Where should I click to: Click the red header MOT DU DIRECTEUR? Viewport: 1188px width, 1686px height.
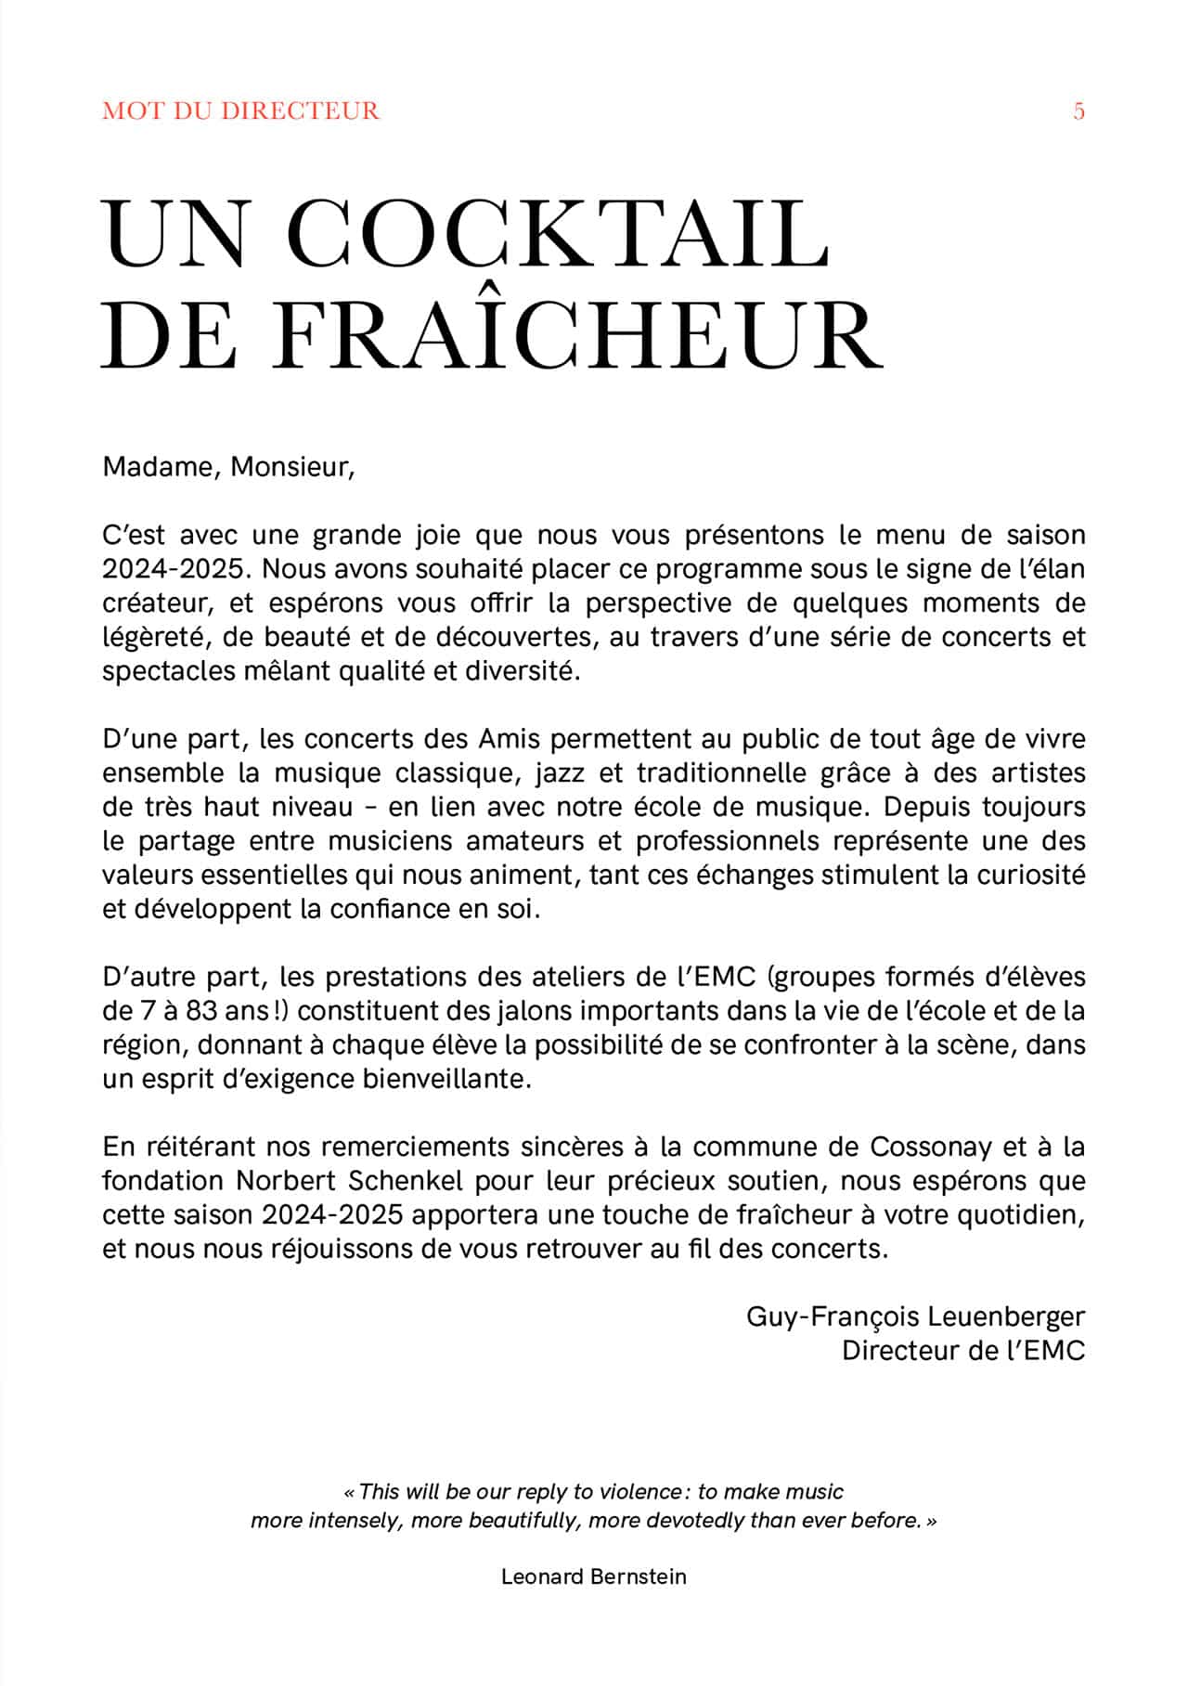coord(240,111)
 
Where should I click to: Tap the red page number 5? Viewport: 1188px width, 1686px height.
coord(1078,111)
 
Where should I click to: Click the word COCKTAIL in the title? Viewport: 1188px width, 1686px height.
coord(557,232)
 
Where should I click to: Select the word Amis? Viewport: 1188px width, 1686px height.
coord(510,740)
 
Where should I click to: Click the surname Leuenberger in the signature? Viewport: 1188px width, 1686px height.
coord(1006,1316)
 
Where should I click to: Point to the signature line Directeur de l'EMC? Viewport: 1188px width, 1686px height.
coord(962,1351)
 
